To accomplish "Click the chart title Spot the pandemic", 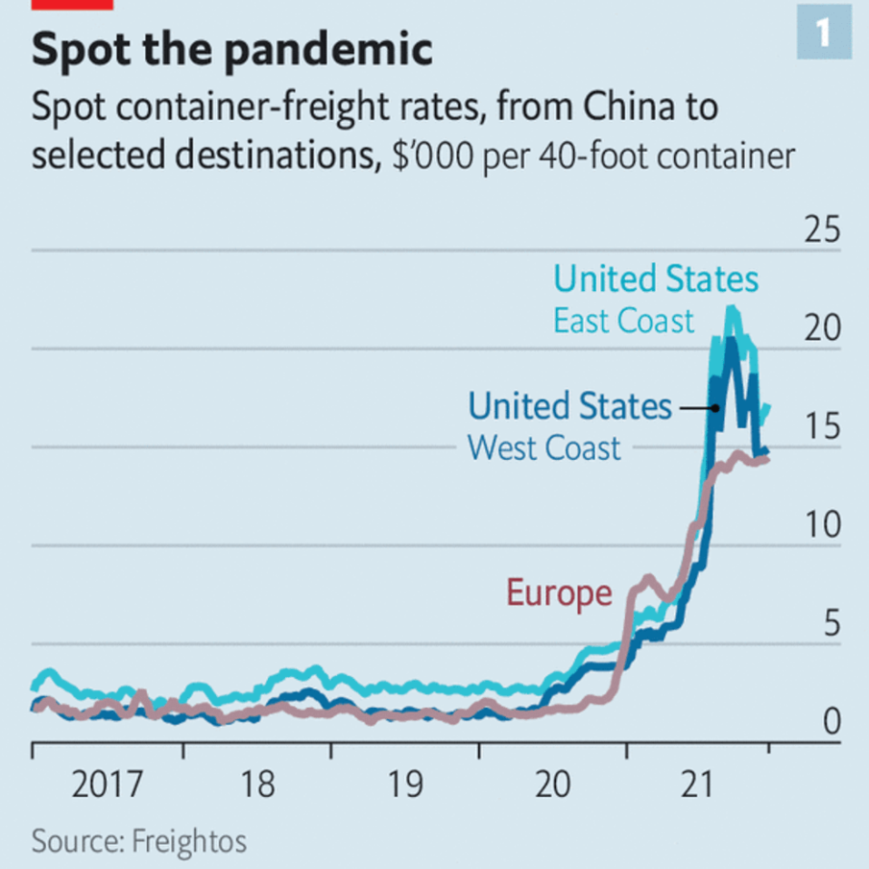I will point(231,51).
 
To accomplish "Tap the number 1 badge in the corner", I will point(824,35).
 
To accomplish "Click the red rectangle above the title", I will point(73,4).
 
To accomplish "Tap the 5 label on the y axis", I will point(831,623).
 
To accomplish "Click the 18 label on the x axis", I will point(256,785).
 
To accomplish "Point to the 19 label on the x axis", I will point(404,785).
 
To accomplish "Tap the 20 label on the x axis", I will point(552,785).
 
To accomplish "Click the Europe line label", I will point(559,593).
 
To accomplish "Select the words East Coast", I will point(623,321).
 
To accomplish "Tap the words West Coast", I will point(544,447).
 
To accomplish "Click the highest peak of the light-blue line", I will point(733,308).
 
